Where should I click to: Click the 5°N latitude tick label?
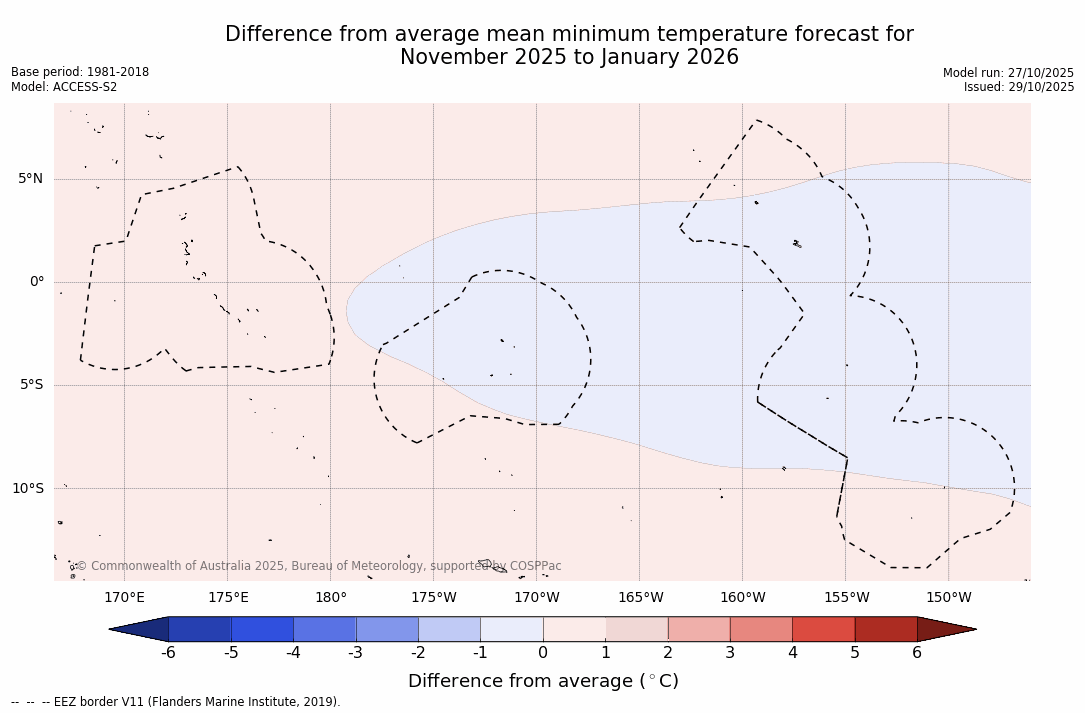point(30,179)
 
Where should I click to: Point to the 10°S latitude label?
point(27,489)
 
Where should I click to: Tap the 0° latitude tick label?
point(37,282)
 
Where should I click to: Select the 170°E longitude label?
point(124,598)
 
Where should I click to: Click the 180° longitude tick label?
point(331,598)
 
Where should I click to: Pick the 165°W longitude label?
point(640,598)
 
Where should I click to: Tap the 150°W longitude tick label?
point(949,598)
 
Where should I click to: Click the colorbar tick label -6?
point(168,653)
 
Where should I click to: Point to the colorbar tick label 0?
point(543,653)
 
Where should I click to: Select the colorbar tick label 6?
point(917,653)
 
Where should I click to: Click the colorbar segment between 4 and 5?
point(823,629)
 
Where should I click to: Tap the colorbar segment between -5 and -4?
point(262,629)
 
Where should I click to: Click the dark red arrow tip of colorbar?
point(944,629)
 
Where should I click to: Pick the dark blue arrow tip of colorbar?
point(141,629)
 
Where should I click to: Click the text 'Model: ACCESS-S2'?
point(64,87)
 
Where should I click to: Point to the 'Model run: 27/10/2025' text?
point(1008,73)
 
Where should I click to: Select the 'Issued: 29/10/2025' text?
point(1019,87)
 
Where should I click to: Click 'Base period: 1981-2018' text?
point(80,72)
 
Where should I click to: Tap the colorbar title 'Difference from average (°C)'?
point(543,681)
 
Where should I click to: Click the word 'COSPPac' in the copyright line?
point(535,566)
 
